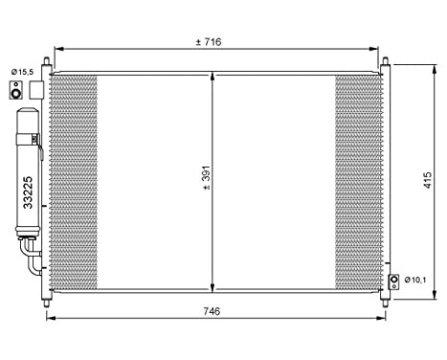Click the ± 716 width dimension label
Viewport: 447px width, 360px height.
pos(208,42)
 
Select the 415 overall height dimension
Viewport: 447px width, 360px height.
pos(428,182)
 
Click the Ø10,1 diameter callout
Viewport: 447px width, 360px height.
pos(413,280)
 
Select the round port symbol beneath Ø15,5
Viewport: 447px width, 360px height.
pos(16,91)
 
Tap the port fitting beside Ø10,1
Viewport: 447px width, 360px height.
pos(392,281)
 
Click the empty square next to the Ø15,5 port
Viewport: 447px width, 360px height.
pos(36,90)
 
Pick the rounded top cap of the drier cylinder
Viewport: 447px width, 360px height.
pos(26,114)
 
